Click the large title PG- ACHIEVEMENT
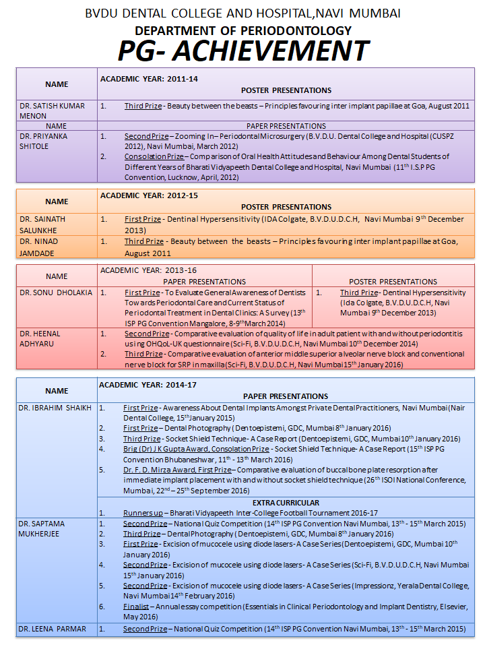243,51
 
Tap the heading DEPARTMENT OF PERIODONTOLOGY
243,30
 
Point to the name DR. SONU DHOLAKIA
53,293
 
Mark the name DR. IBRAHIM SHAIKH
55,408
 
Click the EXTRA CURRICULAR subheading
286,503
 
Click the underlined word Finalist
136,606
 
